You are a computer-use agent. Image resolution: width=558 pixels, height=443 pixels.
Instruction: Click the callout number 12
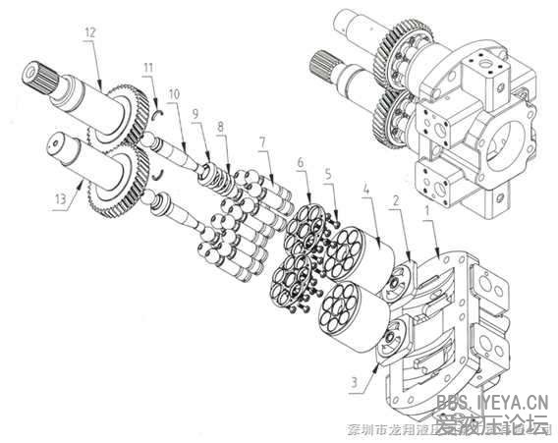point(89,32)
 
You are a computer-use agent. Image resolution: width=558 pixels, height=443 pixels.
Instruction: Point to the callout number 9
point(195,114)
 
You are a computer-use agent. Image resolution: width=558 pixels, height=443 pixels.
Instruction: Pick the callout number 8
point(221,127)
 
